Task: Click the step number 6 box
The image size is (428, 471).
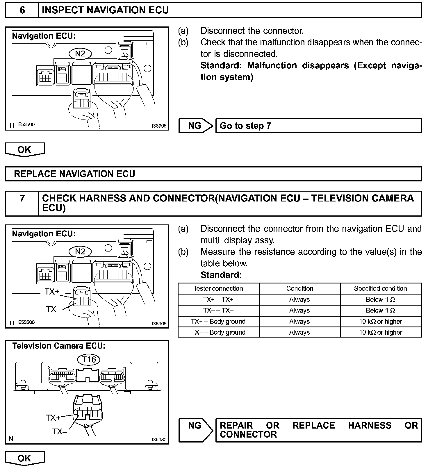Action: [22, 10]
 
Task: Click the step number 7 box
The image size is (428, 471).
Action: [22, 203]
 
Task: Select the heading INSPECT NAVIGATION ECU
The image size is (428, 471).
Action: [105, 10]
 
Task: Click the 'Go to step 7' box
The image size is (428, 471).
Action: [318, 126]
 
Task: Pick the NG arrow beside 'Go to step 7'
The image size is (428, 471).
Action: [195, 126]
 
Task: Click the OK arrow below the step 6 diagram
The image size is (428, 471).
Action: [25, 149]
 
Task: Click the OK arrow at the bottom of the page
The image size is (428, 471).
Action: [25, 458]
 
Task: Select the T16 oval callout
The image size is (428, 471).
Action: [89, 359]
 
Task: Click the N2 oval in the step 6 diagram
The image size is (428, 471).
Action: [80, 53]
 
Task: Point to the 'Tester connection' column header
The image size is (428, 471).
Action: [218, 288]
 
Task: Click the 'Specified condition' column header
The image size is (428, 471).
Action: [380, 288]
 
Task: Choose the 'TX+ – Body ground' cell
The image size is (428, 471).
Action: [218, 321]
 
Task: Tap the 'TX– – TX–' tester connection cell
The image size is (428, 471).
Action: [218, 311]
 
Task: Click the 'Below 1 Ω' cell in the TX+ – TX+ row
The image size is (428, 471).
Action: [380, 299]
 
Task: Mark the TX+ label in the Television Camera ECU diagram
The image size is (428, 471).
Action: [53, 418]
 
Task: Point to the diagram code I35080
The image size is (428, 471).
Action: [159, 439]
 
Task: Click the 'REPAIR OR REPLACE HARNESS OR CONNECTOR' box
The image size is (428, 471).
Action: [318, 430]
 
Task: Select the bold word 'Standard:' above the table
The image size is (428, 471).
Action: [221, 275]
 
